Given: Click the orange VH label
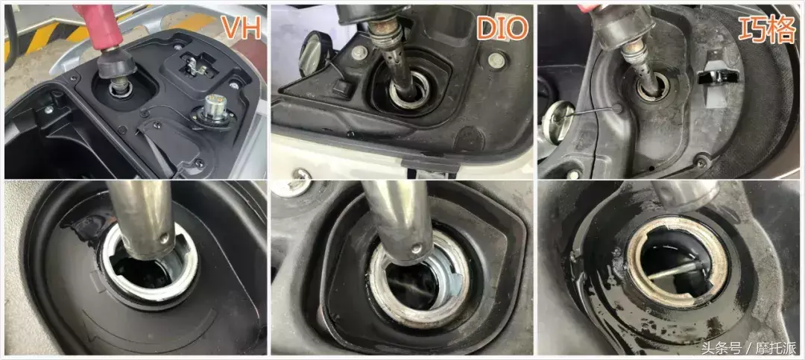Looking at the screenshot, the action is [240, 28].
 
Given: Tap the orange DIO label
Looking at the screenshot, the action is [502, 29].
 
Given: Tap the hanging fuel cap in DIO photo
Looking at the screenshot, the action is [315, 54].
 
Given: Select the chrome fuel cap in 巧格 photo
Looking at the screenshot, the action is [557, 121].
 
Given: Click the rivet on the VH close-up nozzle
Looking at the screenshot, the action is [164, 238].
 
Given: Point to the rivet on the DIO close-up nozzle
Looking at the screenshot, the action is [417, 249].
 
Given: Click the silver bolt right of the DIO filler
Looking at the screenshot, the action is [495, 60].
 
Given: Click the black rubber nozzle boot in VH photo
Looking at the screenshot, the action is [117, 63].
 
